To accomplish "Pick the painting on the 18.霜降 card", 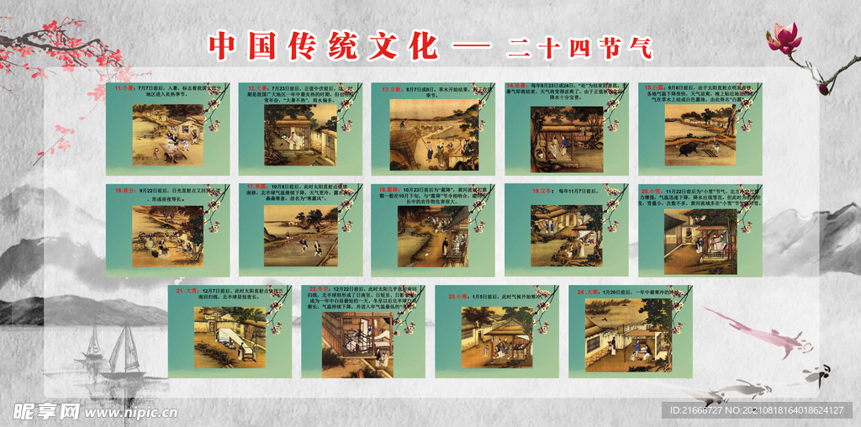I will pos(433,233).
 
